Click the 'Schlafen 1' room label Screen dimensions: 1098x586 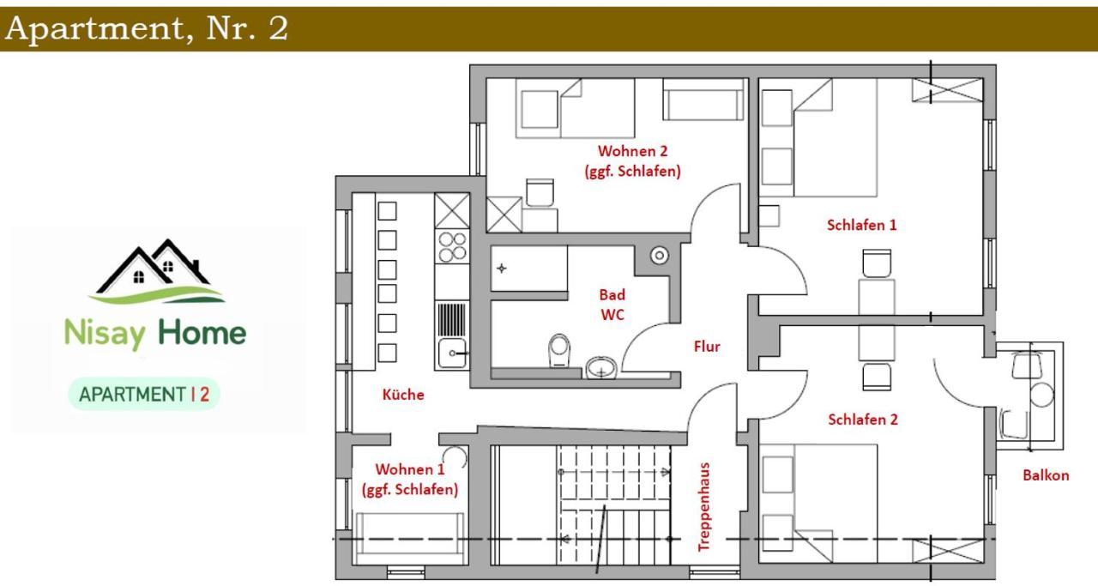(x=861, y=225)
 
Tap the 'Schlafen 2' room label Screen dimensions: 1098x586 (x=863, y=420)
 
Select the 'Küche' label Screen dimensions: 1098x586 (x=403, y=395)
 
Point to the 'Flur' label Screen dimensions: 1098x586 (x=707, y=347)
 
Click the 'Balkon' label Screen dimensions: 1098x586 (x=1046, y=475)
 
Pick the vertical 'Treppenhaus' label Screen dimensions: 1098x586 (x=704, y=506)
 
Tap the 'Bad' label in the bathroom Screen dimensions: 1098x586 (x=612, y=295)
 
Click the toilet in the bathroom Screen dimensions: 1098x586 (x=558, y=350)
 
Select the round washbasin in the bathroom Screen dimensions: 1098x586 (x=601, y=368)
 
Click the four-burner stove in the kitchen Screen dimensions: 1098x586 (x=452, y=246)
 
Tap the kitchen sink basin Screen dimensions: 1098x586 (x=452, y=353)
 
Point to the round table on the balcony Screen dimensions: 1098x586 (x=1041, y=396)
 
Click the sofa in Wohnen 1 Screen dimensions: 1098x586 (x=410, y=539)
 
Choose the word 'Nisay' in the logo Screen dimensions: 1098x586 (x=105, y=334)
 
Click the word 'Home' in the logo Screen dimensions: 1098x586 (x=202, y=333)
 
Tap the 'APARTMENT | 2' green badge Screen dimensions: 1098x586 (x=144, y=395)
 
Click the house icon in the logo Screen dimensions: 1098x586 (x=157, y=271)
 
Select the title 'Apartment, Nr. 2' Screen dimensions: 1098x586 (x=147, y=28)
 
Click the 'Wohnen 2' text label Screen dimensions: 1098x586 (x=633, y=151)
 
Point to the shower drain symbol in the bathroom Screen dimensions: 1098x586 (x=502, y=269)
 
